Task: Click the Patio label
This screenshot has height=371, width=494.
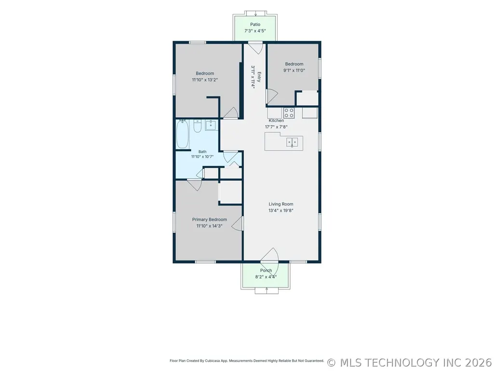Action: tap(255, 24)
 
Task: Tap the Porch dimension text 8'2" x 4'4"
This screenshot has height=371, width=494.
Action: tap(266, 277)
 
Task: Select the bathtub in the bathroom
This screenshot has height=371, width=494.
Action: tap(182, 134)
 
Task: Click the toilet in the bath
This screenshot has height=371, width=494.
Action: tap(197, 126)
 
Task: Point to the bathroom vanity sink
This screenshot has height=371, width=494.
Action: tap(211, 125)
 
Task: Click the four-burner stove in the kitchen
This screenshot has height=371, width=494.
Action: tap(289, 113)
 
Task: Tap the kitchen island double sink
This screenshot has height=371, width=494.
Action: tap(292, 142)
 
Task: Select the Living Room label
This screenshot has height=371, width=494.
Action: tap(280, 204)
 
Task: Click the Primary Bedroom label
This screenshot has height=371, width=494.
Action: tap(210, 220)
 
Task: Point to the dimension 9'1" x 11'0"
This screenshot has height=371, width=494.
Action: tap(294, 70)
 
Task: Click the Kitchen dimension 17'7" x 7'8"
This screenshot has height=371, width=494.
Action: tap(276, 127)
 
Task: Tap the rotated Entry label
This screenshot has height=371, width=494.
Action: tap(259, 77)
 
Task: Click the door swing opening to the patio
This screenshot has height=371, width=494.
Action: tap(255, 48)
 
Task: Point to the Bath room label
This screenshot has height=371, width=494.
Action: tap(202, 152)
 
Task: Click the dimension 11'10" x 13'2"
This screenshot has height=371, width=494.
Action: tap(205, 80)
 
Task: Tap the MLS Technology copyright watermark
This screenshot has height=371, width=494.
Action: tap(409, 362)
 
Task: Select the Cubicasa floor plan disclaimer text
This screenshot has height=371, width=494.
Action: tap(247, 360)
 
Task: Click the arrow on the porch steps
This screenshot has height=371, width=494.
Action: tap(267, 289)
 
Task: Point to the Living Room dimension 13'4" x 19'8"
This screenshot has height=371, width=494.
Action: tap(280, 210)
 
